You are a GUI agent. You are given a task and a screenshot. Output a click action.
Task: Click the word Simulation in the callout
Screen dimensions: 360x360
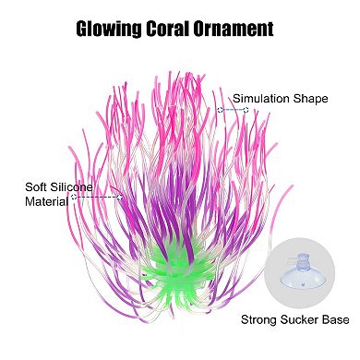click(258, 99)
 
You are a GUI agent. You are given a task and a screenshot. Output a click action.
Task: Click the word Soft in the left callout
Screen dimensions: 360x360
click(36, 186)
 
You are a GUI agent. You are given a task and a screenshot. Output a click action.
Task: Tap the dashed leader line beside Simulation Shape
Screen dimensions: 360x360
click(234, 110)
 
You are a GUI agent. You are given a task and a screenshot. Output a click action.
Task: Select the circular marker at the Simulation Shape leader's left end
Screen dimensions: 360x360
click(221, 110)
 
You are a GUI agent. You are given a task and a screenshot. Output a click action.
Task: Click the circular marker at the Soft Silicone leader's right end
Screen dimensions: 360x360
click(121, 196)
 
